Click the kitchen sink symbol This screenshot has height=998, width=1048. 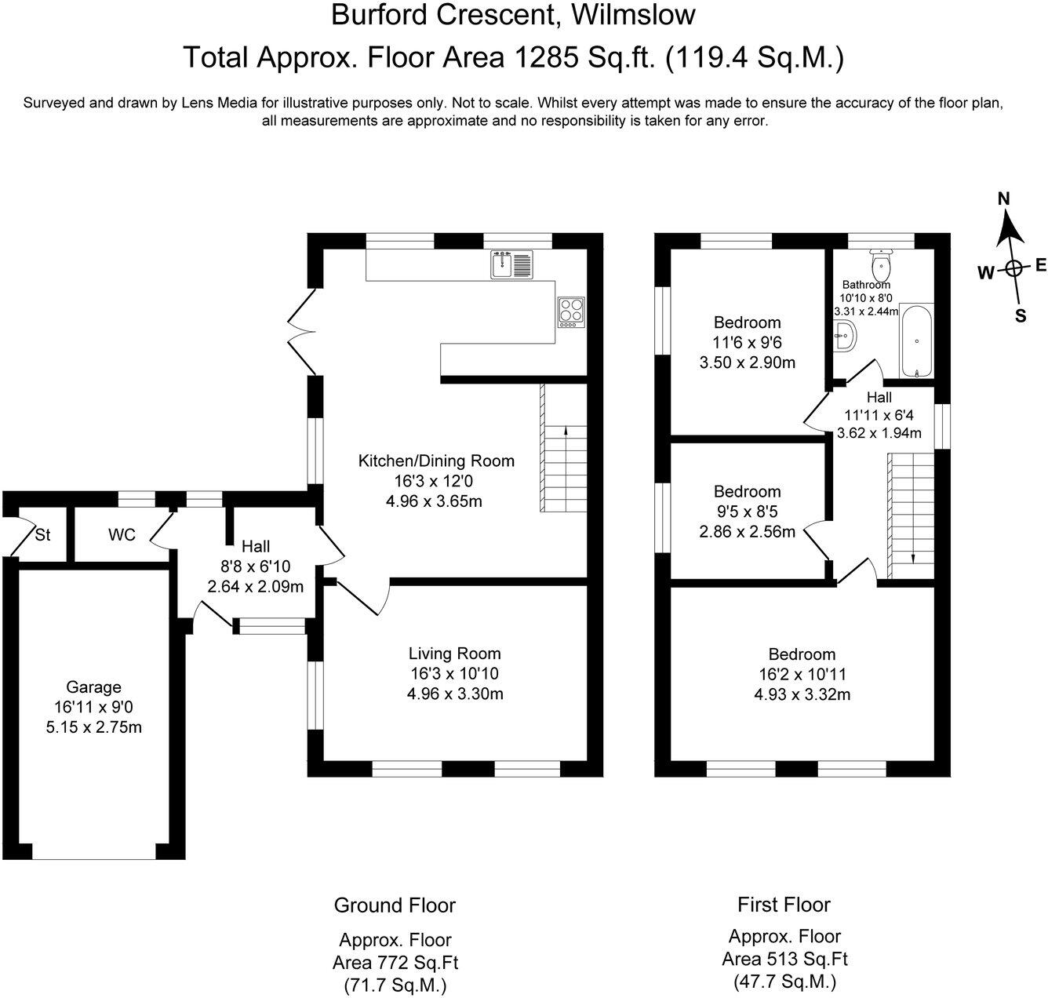click(x=511, y=264)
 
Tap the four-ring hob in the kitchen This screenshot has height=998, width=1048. click(x=571, y=312)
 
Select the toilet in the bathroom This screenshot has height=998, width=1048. click(x=880, y=261)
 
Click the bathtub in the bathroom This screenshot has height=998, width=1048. click(x=916, y=341)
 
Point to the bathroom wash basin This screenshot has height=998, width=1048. click(x=844, y=336)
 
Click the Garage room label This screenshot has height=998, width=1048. click(x=94, y=687)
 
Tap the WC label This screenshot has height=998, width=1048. click(x=122, y=535)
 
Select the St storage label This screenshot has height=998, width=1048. click(x=42, y=535)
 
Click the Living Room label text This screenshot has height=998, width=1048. click(x=455, y=654)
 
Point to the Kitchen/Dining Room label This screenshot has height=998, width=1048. click(x=436, y=461)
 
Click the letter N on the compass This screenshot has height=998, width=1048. click(x=1004, y=199)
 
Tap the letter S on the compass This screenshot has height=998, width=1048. click(x=1021, y=316)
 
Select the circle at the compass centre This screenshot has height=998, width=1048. click(x=1014, y=269)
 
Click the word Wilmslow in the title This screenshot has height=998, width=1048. click(x=633, y=15)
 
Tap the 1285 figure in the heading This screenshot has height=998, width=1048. click(x=545, y=57)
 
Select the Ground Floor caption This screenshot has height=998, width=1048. click(x=395, y=905)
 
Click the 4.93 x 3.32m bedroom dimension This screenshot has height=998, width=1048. click(x=802, y=694)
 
